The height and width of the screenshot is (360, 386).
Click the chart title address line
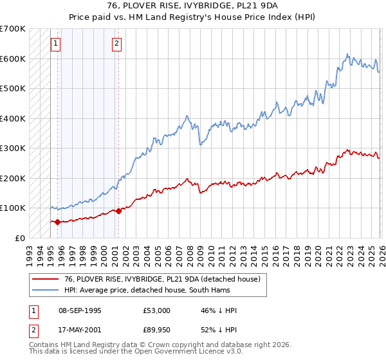(193, 6)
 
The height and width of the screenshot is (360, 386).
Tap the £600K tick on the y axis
(13, 59)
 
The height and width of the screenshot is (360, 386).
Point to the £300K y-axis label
(13, 148)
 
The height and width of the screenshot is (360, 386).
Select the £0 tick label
(19, 238)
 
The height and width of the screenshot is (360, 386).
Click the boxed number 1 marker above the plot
(56, 44)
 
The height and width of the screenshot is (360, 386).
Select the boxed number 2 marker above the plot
(116, 44)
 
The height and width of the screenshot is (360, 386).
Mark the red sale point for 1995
(58, 222)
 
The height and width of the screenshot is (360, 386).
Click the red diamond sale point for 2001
(118, 211)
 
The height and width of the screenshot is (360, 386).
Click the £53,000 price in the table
(156, 310)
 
